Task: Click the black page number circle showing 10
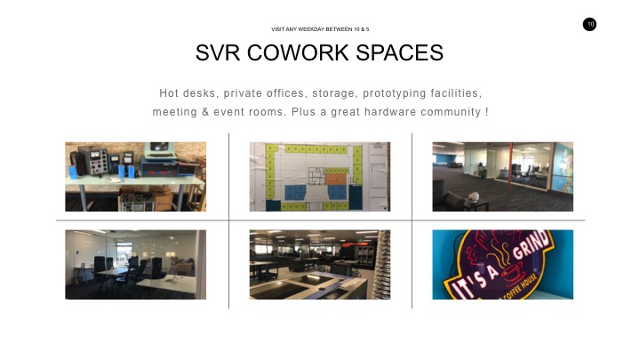[589, 25]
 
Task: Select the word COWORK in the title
[298, 52]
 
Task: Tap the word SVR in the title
[218, 52]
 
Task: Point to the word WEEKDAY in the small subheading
[311, 29]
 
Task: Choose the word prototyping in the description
[395, 93]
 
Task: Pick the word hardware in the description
[390, 112]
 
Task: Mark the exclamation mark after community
[487, 112]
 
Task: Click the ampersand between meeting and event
[205, 112]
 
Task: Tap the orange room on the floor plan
[335, 180]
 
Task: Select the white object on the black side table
[473, 197]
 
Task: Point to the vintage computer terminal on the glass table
[160, 151]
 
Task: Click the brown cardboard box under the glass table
[162, 198]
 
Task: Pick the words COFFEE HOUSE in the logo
[521, 288]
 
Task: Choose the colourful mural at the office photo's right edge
[564, 168]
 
